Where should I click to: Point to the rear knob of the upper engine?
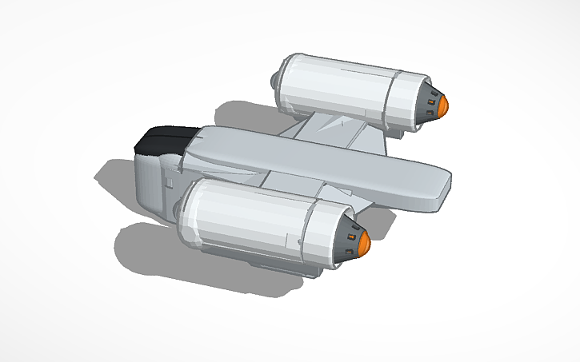coord(274,80)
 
